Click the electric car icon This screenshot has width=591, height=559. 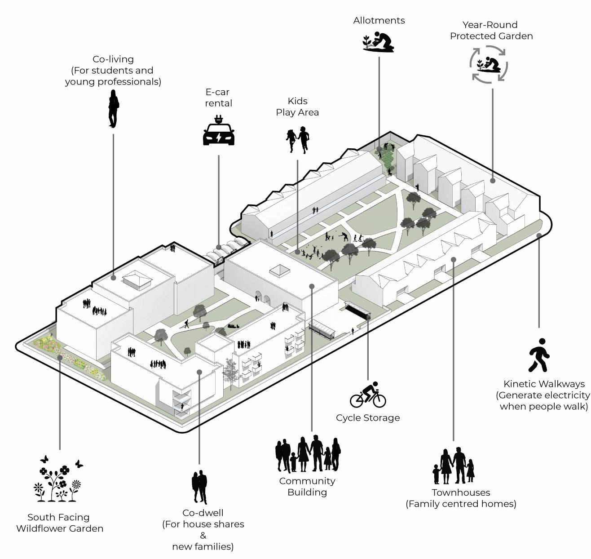(219, 131)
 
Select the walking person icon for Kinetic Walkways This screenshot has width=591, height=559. (539, 355)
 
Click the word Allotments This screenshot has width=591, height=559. (379, 20)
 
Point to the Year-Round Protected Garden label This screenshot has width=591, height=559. (491, 30)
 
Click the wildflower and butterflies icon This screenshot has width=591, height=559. (59, 479)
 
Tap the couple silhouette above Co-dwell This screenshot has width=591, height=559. (199, 487)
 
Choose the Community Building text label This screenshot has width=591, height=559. (307, 486)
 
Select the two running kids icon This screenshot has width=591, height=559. (298, 140)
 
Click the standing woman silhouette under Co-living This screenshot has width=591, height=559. (113, 109)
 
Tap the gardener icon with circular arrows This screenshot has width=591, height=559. (489, 64)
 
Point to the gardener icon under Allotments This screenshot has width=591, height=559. (379, 42)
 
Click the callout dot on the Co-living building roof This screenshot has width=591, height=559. (113, 278)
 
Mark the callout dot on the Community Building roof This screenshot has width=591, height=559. (312, 286)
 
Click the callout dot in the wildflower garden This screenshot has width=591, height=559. (60, 357)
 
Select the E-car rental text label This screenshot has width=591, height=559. (218, 98)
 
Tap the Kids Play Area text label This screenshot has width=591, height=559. (297, 106)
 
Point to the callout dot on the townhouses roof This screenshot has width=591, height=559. (454, 259)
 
